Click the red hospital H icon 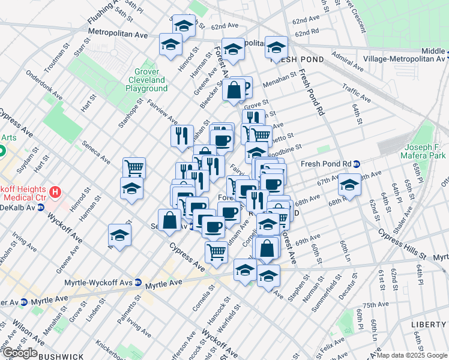pos(55,193)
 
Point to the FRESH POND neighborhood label pos(297,59)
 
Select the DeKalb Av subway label pos(19,208)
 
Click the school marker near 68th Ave pos(349,184)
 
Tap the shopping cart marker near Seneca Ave pos(134,167)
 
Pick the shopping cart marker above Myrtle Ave pos(216,251)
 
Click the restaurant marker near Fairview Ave pos(182,136)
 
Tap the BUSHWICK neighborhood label pos(60,356)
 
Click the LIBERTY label pos(429,324)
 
